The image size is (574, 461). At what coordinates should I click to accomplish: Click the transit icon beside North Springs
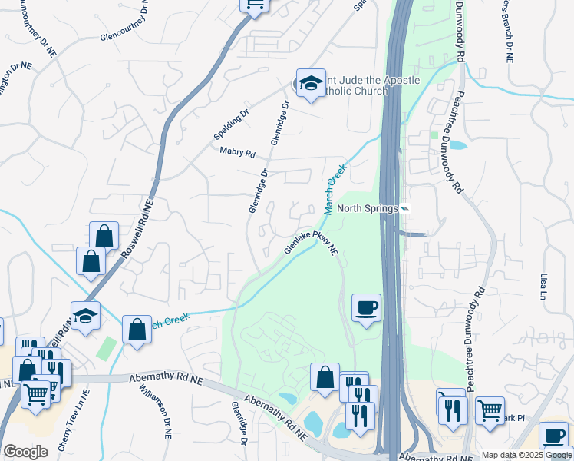(x=404, y=209)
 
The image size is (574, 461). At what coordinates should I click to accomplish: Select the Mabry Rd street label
(x=237, y=152)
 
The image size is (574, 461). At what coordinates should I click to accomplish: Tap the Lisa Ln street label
(x=544, y=286)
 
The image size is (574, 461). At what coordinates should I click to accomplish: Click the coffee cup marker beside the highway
(x=366, y=308)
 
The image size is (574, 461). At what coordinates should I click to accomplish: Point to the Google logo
(x=25, y=452)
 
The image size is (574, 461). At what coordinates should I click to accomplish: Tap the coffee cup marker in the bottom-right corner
(x=553, y=436)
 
